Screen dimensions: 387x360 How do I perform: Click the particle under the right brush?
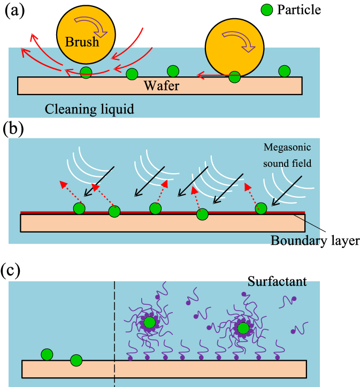point(234,77)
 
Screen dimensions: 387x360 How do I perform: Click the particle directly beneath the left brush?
point(86,72)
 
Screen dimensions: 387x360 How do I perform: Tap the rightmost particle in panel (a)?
point(284,71)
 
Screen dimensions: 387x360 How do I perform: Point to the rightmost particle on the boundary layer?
point(261,208)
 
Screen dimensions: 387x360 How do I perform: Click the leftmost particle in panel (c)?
point(47,354)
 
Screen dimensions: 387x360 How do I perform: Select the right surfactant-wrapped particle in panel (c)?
point(243,327)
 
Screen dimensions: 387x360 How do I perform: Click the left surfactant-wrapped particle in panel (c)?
point(149,322)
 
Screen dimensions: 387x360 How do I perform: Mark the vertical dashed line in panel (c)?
point(114,331)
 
